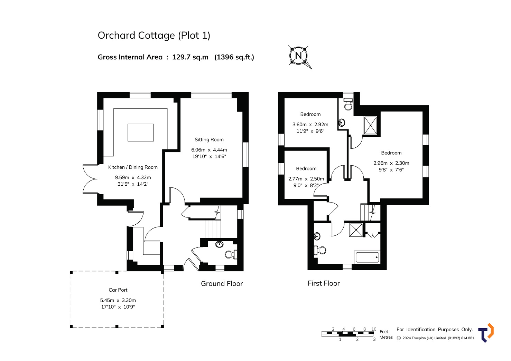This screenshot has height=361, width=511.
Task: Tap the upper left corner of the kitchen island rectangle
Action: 128,124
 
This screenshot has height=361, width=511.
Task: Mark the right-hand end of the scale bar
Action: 374,334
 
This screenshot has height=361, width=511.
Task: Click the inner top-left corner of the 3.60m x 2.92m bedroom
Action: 285,98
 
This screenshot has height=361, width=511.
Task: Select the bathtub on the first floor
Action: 367,257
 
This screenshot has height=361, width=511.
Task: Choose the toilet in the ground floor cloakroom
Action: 231,254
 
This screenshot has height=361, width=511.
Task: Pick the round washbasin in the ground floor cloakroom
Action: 220,244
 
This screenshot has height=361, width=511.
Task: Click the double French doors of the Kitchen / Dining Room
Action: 90,179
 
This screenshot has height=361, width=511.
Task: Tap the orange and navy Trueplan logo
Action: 486,333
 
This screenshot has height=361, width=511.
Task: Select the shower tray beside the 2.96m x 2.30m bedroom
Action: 371,125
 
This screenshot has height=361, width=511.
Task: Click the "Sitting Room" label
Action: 209,140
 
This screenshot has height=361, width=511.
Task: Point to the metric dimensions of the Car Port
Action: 118,300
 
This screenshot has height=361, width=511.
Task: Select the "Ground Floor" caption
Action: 222,284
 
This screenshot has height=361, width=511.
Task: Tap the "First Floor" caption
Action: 324,283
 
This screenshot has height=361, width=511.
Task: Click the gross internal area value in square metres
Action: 190,57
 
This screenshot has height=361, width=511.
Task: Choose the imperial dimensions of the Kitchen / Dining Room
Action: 133,184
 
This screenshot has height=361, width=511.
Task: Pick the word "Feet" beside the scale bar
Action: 384,332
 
